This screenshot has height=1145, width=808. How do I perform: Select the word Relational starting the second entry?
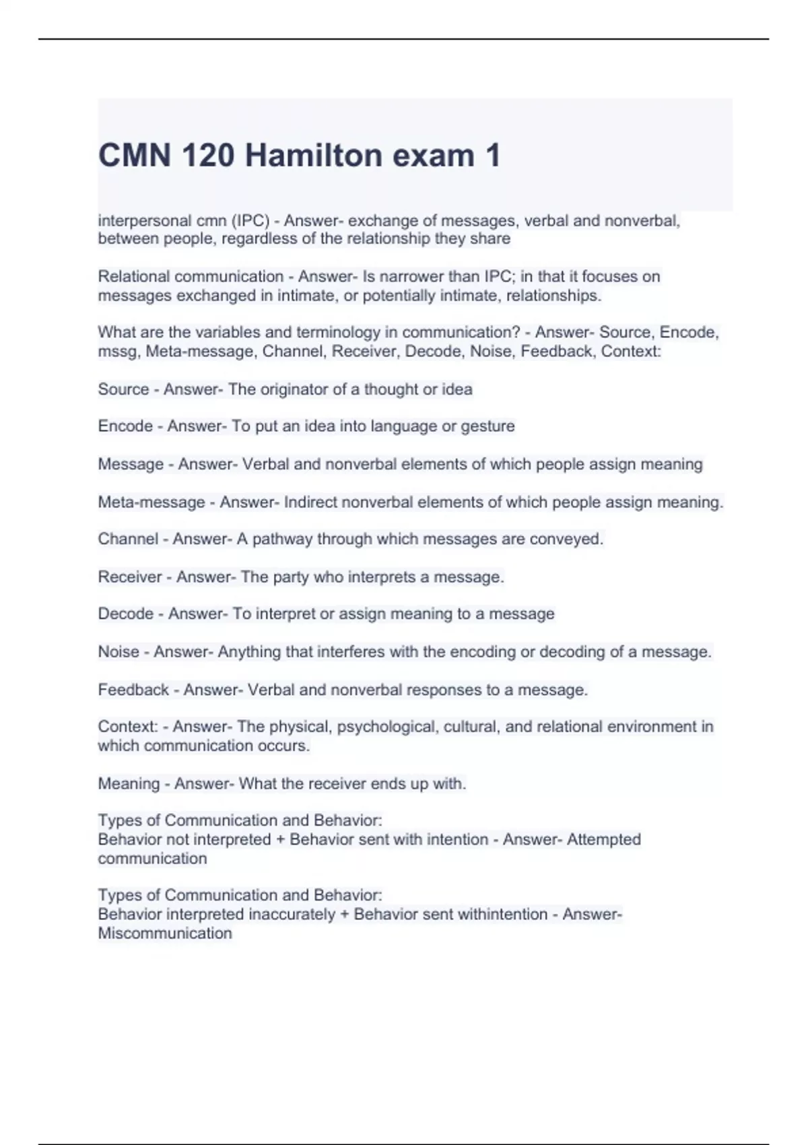(133, 276)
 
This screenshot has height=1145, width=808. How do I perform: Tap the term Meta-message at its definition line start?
(151, 502)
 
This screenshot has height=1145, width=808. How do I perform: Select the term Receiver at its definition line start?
(130, 577)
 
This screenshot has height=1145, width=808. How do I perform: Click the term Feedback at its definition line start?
(133, 690)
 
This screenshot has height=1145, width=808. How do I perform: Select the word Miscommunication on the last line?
(165, 933)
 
